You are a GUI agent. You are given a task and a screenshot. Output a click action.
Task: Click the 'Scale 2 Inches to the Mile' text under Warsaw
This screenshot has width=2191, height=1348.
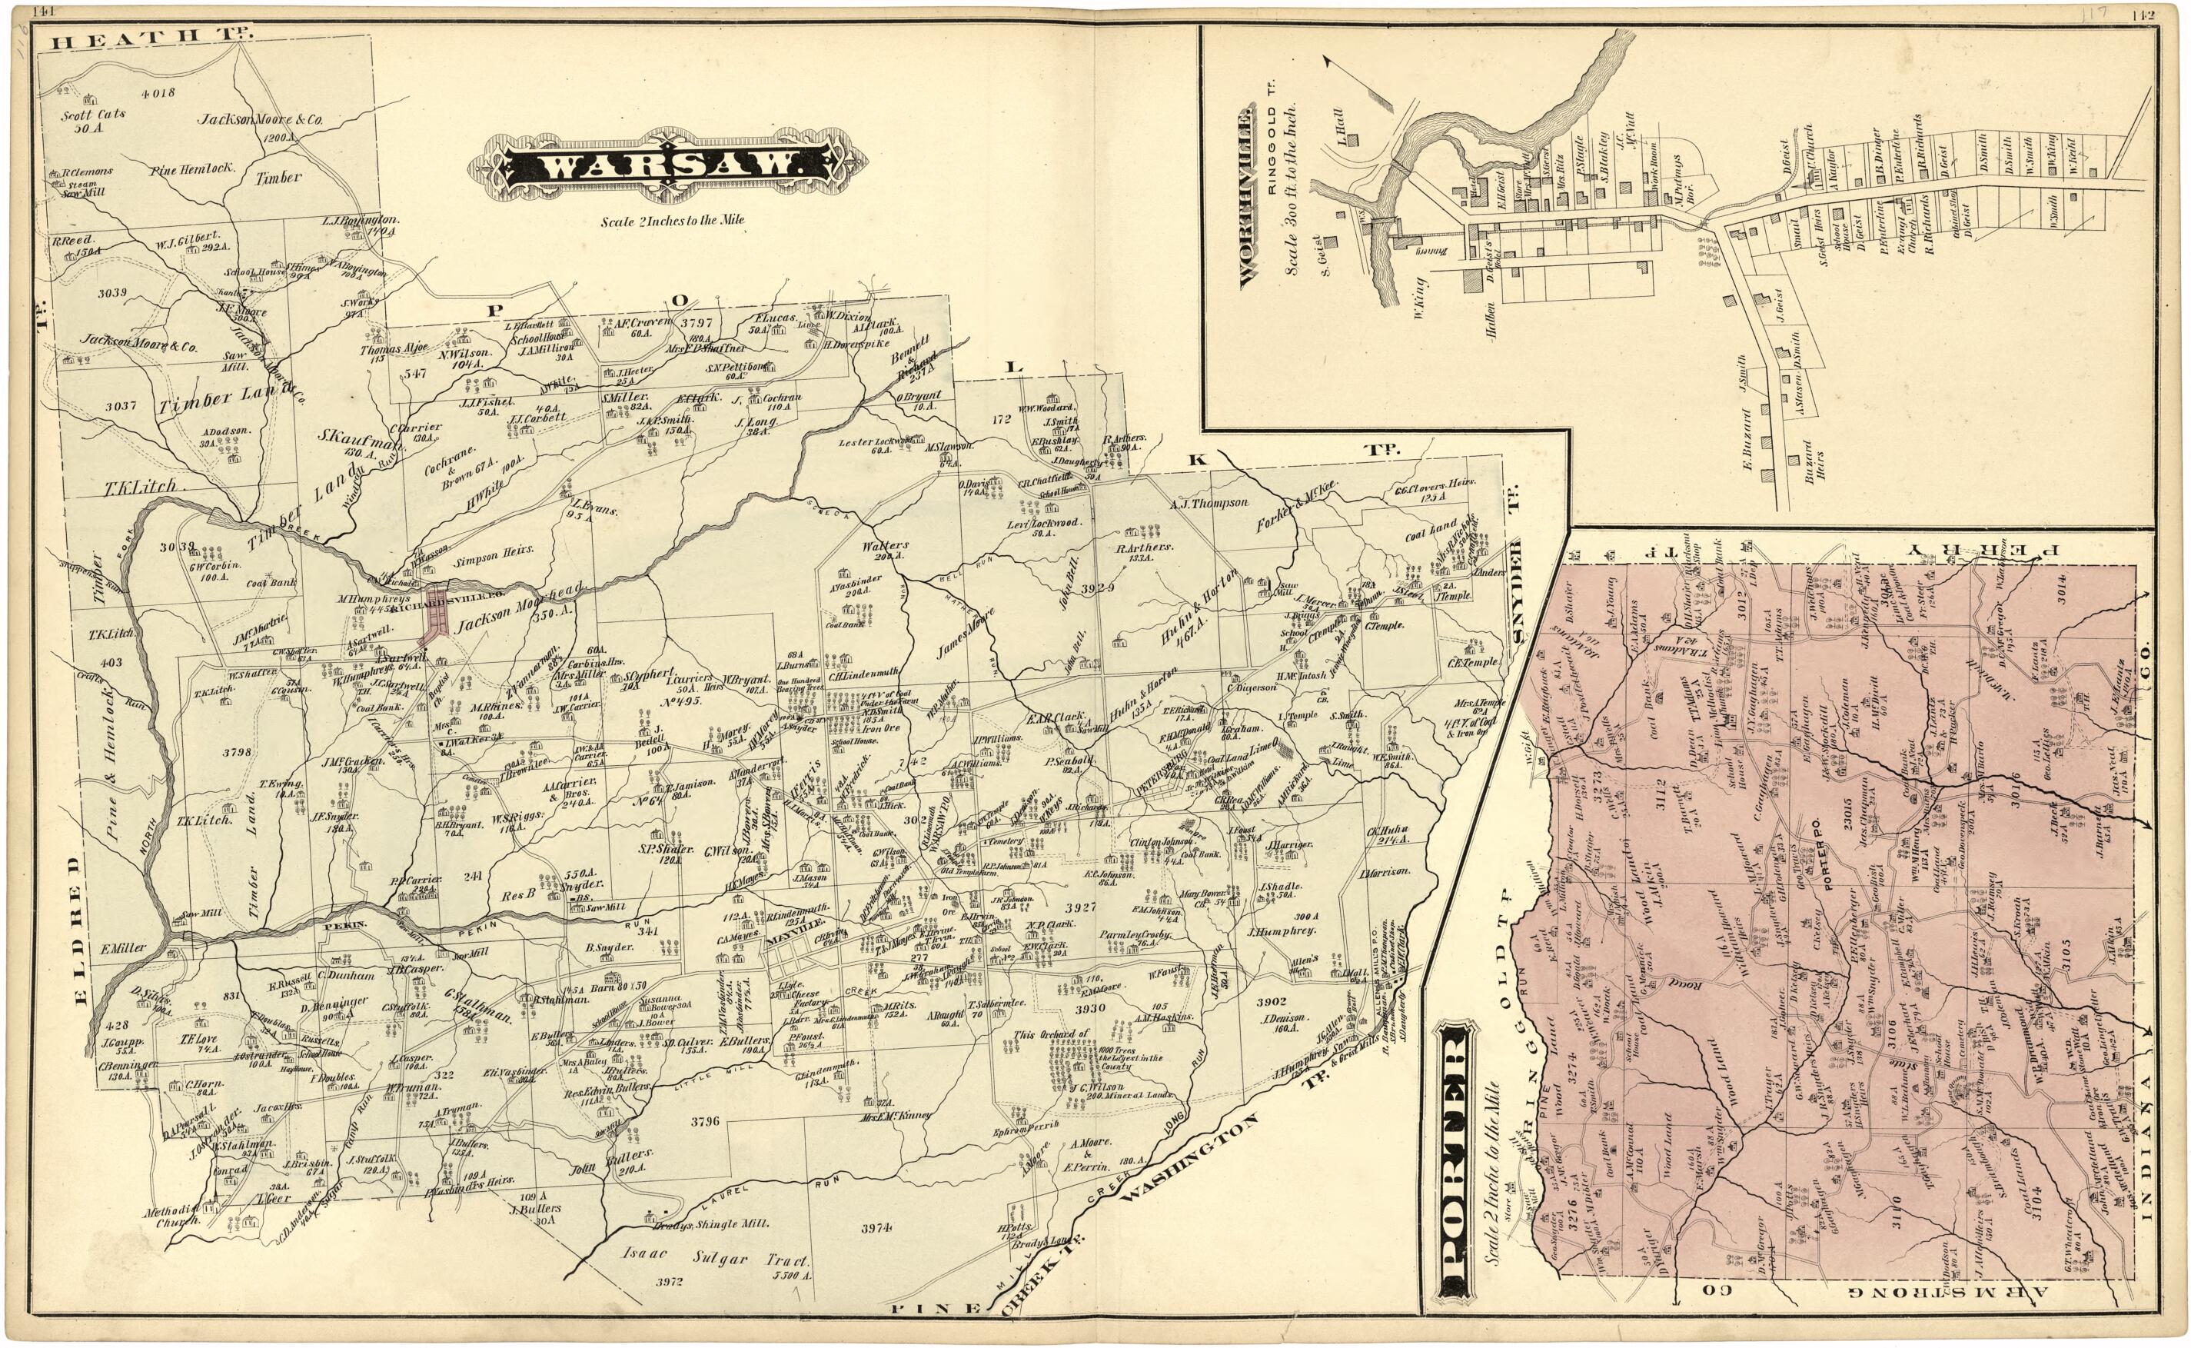(x=671, y=220)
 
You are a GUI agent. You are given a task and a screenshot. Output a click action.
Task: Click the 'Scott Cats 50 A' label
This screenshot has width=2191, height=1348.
(x=93, y=119)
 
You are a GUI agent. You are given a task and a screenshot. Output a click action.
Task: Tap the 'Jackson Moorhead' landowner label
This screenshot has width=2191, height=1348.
(x=520, y=609)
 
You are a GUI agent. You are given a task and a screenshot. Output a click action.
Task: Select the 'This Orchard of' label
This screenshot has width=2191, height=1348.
(x=1051, y=1034)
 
